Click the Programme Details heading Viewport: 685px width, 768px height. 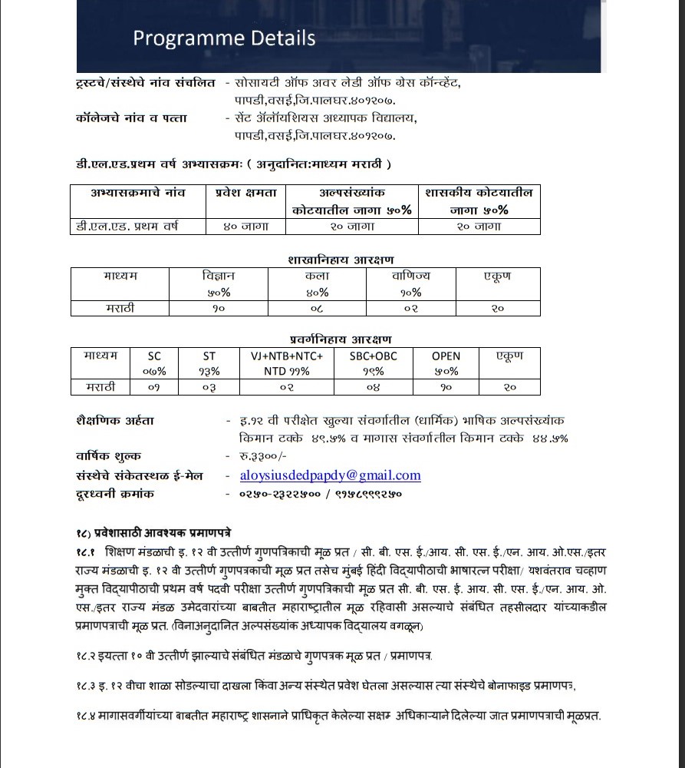click(x=224, y=38)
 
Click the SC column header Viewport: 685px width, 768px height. click(x=154, y=356)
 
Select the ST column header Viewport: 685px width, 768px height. click(x=209, y=356)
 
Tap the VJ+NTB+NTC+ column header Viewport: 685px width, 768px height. click(x=287, y=356)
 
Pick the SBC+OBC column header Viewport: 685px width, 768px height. click(x=374, y=356)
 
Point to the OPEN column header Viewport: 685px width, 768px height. click(x=446, y=356)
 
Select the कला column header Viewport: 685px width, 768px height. click(x=317, y=276)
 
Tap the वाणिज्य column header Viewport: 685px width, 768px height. click(x=411, y=276)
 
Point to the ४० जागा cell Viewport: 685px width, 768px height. click(x=246, y=227)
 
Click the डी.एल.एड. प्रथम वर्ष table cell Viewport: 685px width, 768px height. click(x=128, y=227)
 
